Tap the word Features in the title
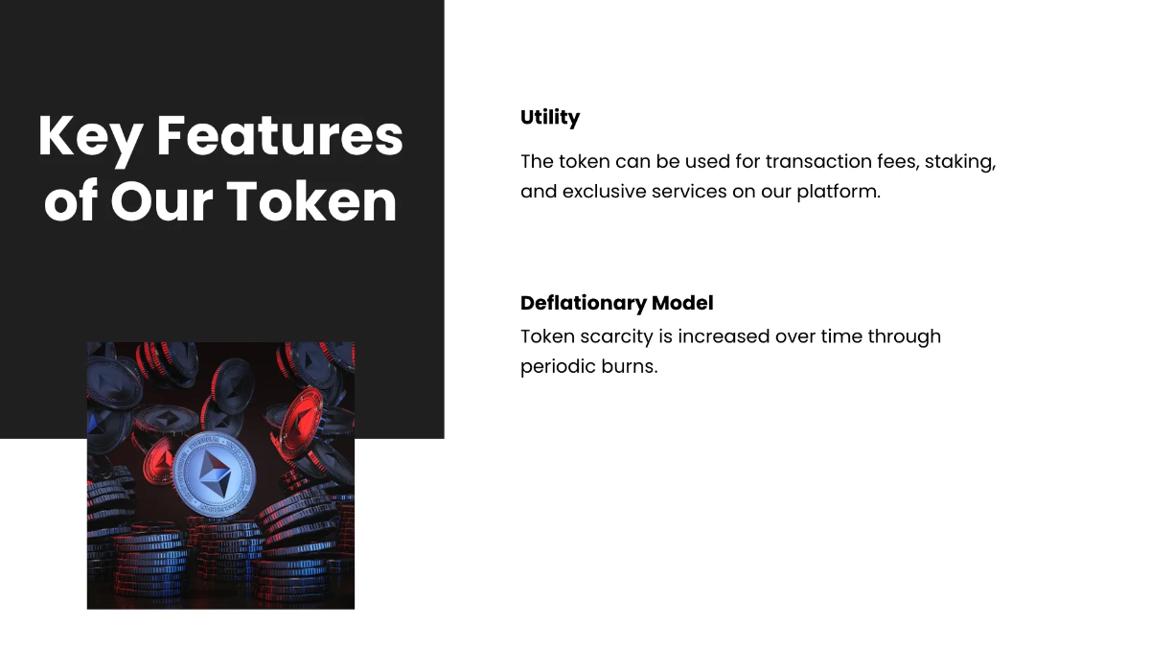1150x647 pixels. [x=280, y=137]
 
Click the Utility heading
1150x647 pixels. [x=550, y=118]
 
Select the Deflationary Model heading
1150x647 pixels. [x=617, y=303]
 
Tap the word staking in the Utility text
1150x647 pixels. [x=959, y=162]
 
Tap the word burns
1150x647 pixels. [x=632, y=367]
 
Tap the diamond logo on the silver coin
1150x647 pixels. [x=220, y=475]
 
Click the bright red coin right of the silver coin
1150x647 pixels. [x=294, y=422]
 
